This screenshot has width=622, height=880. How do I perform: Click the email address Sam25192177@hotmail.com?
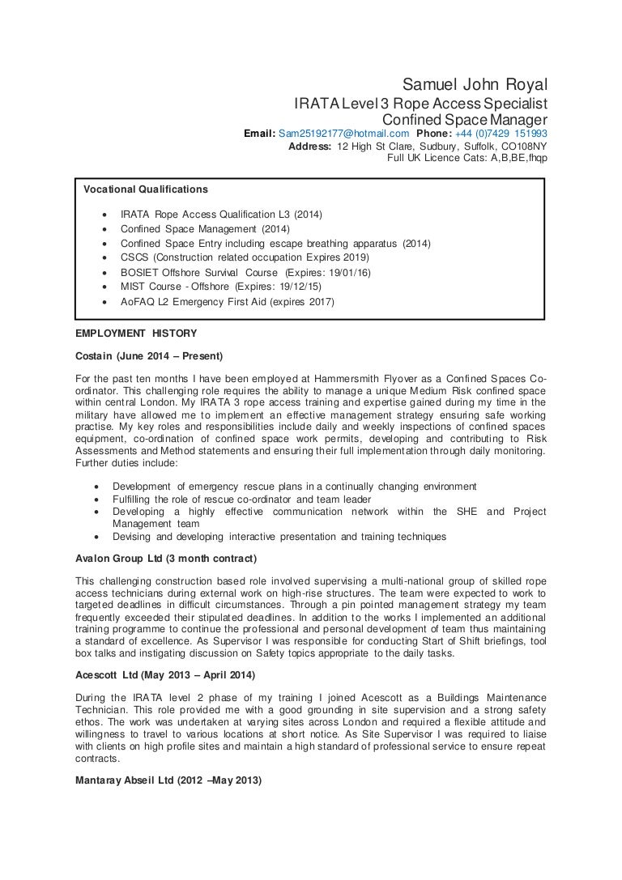[x=343, y=134]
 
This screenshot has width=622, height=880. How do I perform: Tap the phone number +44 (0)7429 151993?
[x=501, y=134]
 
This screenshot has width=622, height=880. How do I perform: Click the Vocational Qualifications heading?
[x=146, y=189]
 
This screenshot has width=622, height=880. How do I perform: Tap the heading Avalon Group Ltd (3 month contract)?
[x=165, y=559]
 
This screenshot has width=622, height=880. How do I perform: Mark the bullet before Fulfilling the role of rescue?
[x=98, y=499]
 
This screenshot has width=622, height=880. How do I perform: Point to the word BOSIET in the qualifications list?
[x=138, y=273]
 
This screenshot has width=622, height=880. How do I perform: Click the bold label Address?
[x=309, y=147]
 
